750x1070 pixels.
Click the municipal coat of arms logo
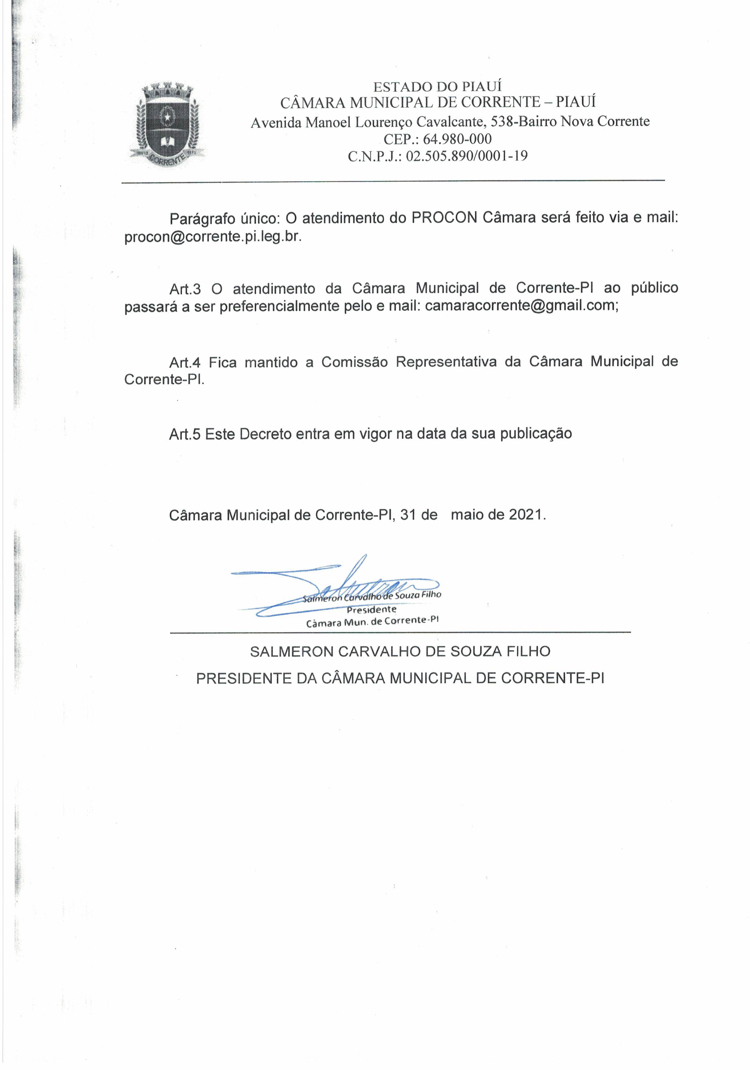pos(167,125)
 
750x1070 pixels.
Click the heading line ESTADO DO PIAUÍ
pos(437,87)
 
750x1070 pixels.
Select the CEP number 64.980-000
pos(457,139)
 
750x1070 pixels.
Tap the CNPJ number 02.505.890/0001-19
pos(467,156)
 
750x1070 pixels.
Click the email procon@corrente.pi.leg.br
pos(213,237)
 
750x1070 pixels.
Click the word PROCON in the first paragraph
pos(444,218)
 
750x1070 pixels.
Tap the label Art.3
pos(185,289)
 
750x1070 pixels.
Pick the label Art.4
pos(185,362)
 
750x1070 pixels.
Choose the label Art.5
pos(185,434)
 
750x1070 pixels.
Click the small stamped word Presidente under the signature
pos(371,610)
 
